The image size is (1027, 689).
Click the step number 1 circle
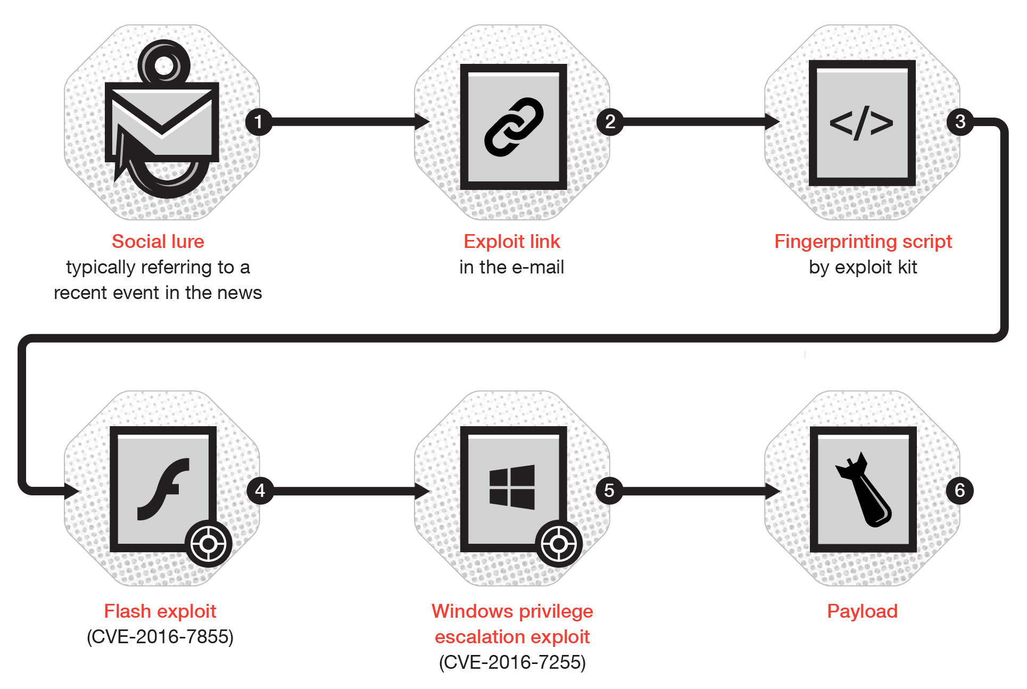point(259,122)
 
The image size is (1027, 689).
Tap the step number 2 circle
point(610,122)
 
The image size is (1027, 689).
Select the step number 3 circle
point(960,121)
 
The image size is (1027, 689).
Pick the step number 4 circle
point(260,490)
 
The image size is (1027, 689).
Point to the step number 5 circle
point(609,490)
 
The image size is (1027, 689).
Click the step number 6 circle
point(959,490)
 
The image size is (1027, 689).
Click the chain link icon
point(513,127)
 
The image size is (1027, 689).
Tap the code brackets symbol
point(862,123)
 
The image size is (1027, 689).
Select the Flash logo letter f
point(163,488)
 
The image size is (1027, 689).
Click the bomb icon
point(863,489)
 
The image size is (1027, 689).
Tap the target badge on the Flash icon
point(208,544)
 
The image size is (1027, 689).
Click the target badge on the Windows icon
point(558,544)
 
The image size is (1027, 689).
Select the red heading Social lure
point(158,242)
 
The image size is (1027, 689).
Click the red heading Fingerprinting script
point(863,242)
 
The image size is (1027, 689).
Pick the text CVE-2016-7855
point(160,637)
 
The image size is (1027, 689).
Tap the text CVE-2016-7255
point(512,662)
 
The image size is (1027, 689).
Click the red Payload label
point(862,611)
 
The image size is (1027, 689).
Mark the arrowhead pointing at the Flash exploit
point(72,490)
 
